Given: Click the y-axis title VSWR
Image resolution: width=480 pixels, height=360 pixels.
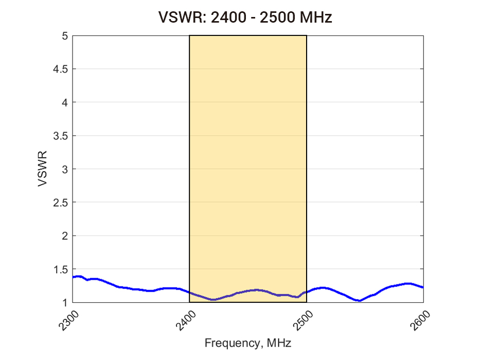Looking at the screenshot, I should (x=43, y=169).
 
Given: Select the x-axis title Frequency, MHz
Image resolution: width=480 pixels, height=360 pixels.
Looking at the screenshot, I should (x=248, y=343).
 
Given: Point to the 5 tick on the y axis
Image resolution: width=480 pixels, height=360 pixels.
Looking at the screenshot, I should (x=65, y=36).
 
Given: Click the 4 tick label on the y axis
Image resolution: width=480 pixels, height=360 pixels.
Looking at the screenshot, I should (x=65, y=102).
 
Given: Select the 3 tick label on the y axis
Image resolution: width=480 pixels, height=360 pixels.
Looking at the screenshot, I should (x=65, y=169).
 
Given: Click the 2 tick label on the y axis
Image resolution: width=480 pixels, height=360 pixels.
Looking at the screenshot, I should (x=65, y=236).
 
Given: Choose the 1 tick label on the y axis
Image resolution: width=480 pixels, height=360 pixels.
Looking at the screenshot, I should (x=65, y=302).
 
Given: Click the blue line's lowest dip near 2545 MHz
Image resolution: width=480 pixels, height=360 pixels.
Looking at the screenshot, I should (x=360, y=300).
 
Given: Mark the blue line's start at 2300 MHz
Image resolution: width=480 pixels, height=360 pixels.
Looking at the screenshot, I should (x=73, y=277).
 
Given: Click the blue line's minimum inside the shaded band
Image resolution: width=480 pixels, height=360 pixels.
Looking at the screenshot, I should (x=214, y=299).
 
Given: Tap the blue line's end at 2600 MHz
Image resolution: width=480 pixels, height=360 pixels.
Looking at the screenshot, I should (x=423, y=287).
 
